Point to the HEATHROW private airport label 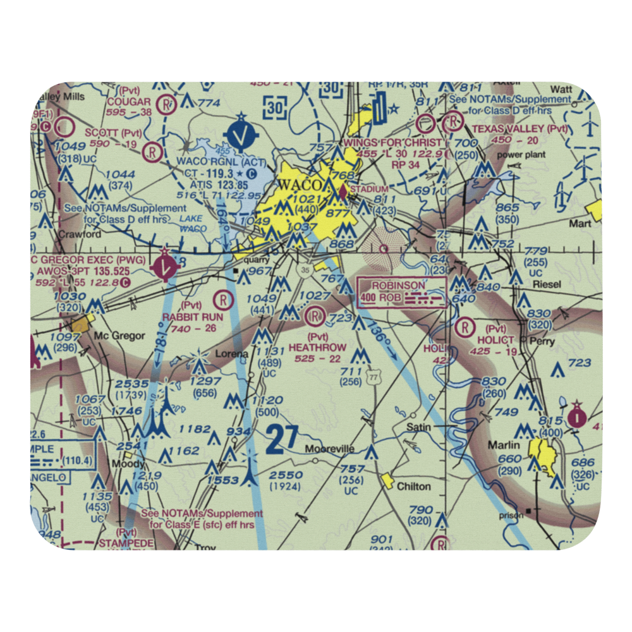click(x=317, y=348)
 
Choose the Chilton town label click(x=414, y=486)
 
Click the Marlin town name click(x=504, y=445)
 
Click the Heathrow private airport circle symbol click(x=315, y=315)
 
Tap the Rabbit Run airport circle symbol click(x=223, y=299)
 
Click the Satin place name click(x=418, y=427)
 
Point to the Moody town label click(x=129, y=464)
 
